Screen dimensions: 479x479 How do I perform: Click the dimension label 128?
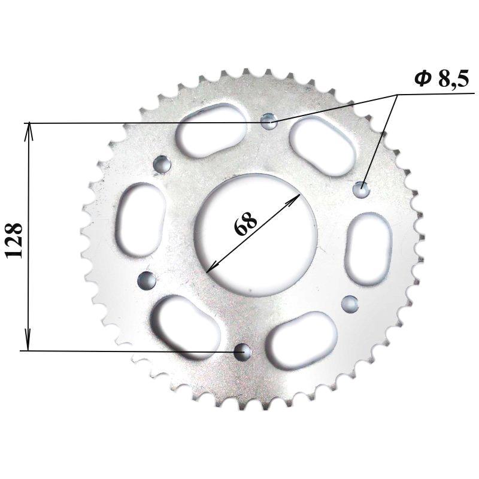click(14, 239)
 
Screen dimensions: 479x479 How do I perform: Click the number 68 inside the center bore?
click(245, 223)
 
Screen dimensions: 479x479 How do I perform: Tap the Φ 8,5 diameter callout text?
click(441, 78)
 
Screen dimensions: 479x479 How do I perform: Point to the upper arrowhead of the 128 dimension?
click(29, 131)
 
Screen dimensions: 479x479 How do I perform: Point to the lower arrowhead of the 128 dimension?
click(28, 341)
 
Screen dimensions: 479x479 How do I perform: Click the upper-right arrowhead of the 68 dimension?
click(294, 199)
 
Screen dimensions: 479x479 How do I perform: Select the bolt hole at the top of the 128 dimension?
click(269, 122)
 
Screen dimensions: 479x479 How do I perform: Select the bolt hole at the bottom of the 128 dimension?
click(242, 351)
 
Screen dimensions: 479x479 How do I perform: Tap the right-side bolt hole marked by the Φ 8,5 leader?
click(362, 189)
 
